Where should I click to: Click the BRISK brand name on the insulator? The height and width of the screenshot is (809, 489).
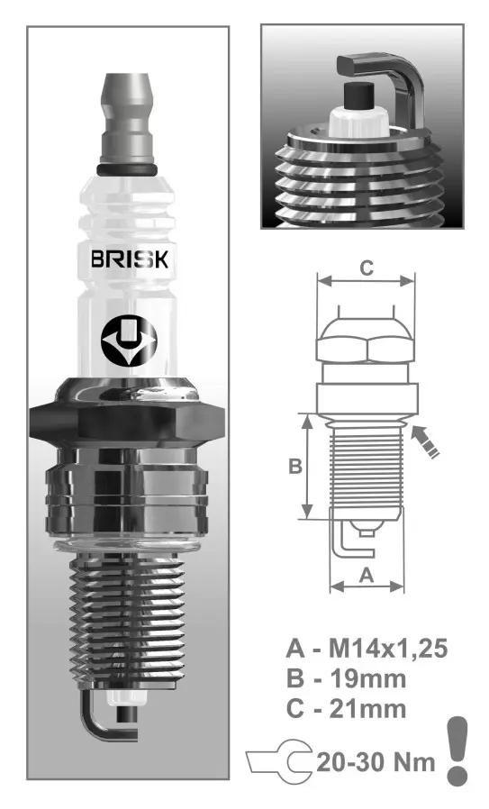(135, 260)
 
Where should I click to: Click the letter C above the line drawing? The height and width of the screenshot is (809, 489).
(367, 268)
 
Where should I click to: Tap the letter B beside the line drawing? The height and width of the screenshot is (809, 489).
(294, 466)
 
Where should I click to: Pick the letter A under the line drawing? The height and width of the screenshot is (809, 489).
(366, 574)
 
